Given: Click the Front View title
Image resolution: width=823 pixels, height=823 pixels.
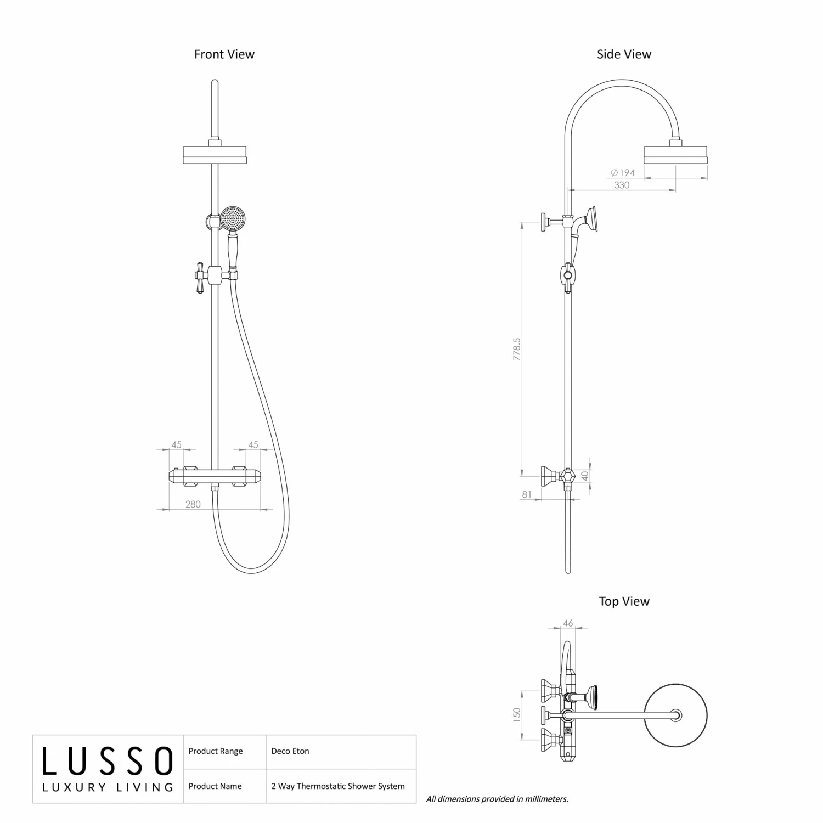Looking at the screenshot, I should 224,54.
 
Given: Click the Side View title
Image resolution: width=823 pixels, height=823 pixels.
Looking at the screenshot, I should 624,54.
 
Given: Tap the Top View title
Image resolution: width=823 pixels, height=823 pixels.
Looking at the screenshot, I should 624,601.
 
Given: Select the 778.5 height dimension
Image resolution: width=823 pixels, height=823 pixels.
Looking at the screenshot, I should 517,348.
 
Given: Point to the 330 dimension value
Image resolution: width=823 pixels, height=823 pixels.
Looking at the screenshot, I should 622,185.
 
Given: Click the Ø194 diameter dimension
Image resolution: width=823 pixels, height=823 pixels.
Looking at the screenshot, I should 623,173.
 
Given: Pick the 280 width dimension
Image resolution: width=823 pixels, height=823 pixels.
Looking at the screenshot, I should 193,504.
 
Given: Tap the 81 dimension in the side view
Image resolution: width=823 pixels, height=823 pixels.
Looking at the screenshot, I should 527,494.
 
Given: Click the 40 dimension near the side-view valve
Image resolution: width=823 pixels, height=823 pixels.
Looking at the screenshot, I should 585,475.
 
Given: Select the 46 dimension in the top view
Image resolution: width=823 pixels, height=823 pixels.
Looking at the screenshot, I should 568,623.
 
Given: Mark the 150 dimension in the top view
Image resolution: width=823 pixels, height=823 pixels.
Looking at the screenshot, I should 517,714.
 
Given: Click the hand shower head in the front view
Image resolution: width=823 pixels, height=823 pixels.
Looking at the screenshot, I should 234,218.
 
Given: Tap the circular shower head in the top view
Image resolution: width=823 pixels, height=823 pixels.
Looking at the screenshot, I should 675,715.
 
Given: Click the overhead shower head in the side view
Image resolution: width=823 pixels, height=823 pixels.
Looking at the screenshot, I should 675,155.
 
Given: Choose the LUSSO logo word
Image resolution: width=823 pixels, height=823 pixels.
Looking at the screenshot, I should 108,762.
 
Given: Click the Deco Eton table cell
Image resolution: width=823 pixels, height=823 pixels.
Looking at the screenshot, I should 290,751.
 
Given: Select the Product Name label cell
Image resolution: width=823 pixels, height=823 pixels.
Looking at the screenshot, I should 215,786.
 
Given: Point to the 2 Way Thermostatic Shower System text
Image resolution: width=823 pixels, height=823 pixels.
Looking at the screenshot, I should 338,786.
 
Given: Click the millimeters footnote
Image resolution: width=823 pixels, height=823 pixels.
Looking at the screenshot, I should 497,799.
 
